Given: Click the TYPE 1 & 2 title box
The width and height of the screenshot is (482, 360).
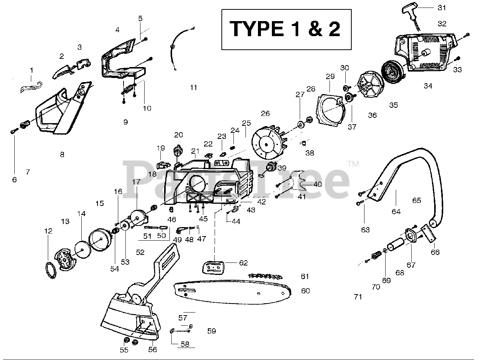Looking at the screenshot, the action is pos(286,29).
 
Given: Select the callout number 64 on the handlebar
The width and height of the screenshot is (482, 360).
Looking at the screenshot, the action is pos(396,212).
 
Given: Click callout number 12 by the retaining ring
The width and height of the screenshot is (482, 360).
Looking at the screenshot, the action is pos(48,231).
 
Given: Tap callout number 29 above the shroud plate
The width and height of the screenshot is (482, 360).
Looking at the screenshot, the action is pos(330,76).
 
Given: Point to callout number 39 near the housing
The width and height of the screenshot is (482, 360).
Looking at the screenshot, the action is pos(282,168).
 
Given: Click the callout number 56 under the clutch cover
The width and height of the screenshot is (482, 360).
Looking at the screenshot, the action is pos(153,349).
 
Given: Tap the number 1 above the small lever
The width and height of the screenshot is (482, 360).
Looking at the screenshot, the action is pos(32,70).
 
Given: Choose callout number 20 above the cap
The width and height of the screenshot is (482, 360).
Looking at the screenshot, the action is pos(178,135).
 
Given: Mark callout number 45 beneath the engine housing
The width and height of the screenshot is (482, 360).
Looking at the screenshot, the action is pos(203,219).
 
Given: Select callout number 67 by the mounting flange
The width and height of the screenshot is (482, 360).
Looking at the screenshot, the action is pos(411,265).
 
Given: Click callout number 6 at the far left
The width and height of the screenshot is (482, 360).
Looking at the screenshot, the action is pos(14,180).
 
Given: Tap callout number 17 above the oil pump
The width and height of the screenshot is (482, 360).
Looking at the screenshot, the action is pos(136,182).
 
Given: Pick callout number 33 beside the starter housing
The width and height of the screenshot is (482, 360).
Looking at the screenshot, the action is pos(458,70).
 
